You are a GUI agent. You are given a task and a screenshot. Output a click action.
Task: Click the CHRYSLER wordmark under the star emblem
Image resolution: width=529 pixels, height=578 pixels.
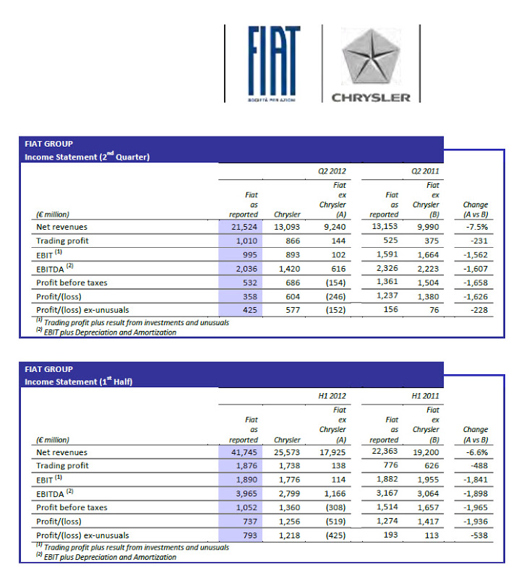click(371, 98)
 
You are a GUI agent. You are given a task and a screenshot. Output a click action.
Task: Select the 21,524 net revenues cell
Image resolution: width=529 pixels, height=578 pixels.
click(244, 226)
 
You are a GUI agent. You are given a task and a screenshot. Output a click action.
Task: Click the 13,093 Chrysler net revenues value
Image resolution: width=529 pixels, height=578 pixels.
click(287, 226)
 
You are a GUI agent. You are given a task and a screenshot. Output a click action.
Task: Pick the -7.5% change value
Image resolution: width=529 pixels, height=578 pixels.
click(476, 226)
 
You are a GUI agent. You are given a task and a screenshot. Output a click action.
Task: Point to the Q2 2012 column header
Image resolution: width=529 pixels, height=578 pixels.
click(332, 171)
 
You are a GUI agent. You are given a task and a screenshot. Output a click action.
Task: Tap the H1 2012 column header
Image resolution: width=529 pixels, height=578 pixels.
click(332, 397)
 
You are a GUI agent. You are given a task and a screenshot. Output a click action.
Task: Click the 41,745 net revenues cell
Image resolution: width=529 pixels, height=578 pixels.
click(244, 452)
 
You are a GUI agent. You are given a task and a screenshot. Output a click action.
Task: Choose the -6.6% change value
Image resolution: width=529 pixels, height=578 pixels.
click(476, 452)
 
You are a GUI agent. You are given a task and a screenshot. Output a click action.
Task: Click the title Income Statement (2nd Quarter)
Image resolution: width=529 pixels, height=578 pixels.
click(87, 157)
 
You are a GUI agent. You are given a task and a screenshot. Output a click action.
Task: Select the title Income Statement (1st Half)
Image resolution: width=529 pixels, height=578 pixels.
click(80, 381)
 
